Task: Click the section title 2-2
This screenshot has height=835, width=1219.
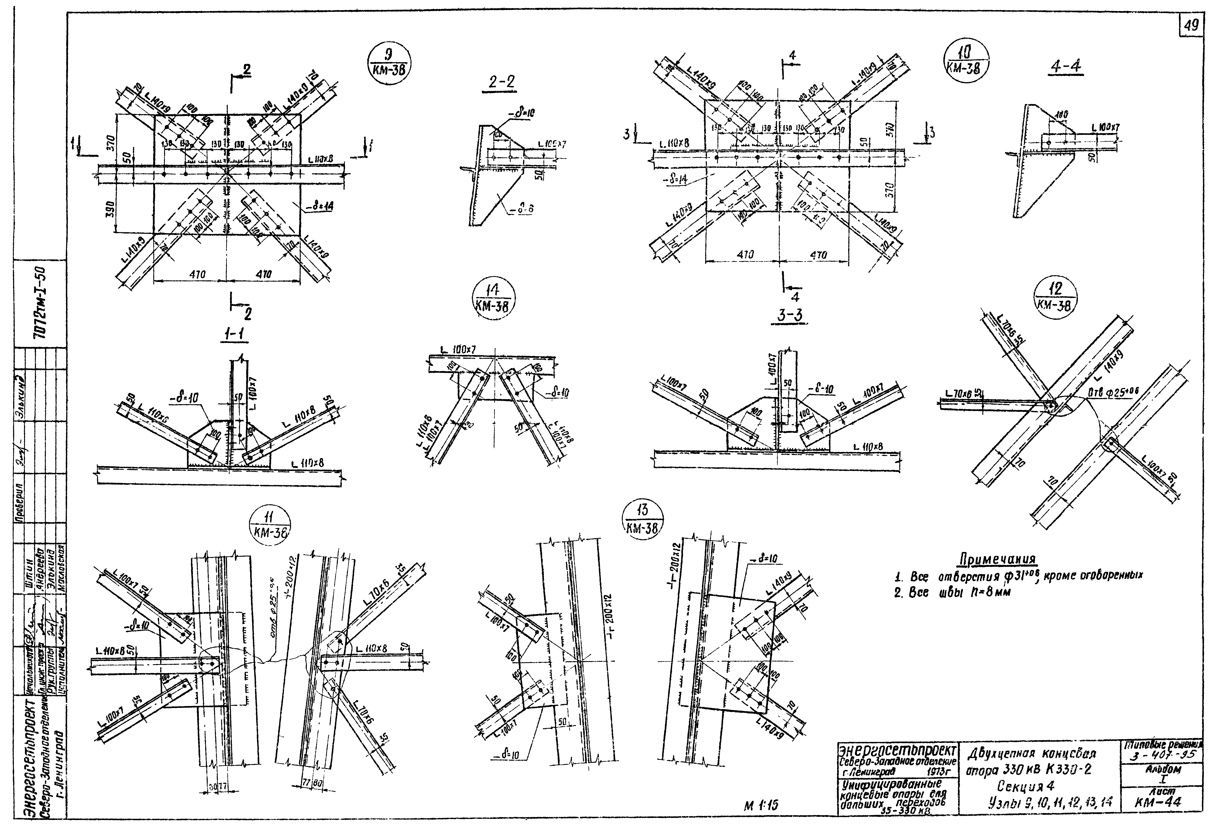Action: click(501, 82)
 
